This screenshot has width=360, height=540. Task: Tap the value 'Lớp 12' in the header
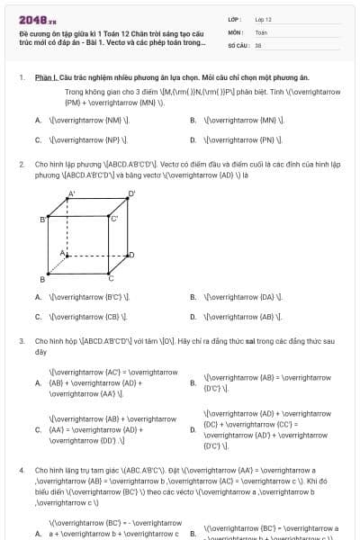pyautogui.click(x=263, y=19)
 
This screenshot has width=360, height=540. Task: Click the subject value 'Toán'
pyautogui.click(x=261, y=31)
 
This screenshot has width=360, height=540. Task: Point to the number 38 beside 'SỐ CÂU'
pyautogui.click(x=258, y=44)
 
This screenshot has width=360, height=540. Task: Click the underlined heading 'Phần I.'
pyautogui.click(x=46, y=78)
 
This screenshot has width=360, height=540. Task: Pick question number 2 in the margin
pyautogui.click(x=21, y=165)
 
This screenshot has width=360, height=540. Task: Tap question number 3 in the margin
pyautogui.click(x=21, y=342)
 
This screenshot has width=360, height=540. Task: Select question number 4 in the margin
pyautogui.click(x=21, y=471)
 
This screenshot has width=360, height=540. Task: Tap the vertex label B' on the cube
pyautogui.click(x=43, y=219)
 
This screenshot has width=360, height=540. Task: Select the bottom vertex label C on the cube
pyautogui.click(x=111, y=279)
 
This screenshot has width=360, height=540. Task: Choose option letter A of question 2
pyautogui.click(x=38, y=297)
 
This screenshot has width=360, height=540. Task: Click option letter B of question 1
pyautogui.click(x=193, y=120)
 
